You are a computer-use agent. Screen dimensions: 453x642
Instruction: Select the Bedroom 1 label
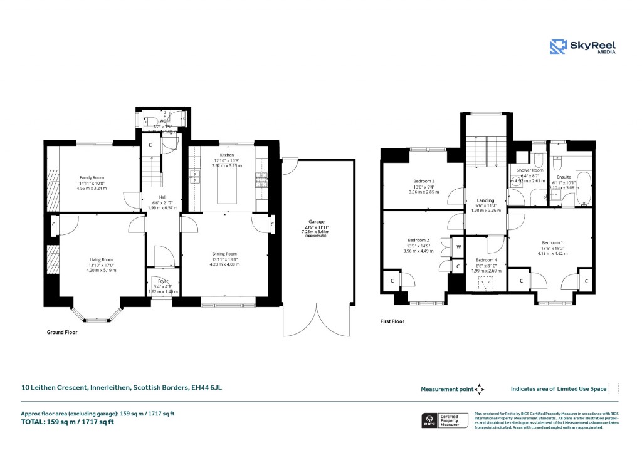click(x=553, y=243)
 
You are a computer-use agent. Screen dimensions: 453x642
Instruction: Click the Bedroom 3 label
click(x=424, y=182)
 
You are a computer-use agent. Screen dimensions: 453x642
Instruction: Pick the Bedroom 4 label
click(x=485, y=260)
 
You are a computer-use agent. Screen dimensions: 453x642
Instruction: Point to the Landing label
click(x=486, y=200)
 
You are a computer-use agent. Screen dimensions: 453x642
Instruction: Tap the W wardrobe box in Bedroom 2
click(x=458, y=247)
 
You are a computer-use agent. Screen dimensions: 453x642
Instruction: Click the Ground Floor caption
click(x=63, y=333)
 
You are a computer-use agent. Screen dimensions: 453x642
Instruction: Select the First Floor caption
click(x=392, y=321)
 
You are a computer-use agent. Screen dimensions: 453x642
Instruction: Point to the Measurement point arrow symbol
click(x=480, y=389)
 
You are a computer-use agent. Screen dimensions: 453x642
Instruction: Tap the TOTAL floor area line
click(x=68, y=422)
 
